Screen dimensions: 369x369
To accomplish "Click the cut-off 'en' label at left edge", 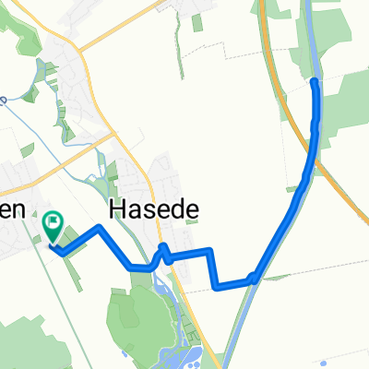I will tap(10, 210).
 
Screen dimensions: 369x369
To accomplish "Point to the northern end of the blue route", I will tap(315, 82).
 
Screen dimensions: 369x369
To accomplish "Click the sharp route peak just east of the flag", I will tap(98, 226).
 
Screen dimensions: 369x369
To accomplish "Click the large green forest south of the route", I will tap(138, 314).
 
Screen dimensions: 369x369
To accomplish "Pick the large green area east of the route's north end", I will tap(346, 101).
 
